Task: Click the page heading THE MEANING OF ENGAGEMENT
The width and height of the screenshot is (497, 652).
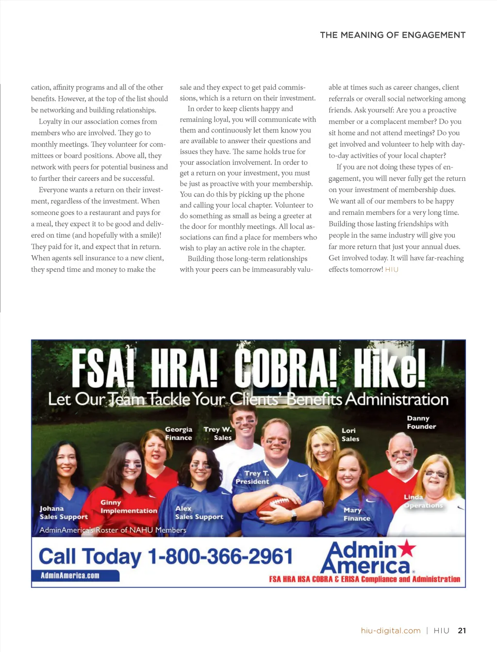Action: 393,35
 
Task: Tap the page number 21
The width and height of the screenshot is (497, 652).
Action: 462,631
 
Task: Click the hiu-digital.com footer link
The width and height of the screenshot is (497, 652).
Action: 391,631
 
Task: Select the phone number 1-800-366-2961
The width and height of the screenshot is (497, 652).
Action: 220,556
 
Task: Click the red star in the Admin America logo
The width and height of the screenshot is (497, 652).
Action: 407,548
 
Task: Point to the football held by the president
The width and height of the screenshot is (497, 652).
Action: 277,506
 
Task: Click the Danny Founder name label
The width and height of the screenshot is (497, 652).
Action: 421,423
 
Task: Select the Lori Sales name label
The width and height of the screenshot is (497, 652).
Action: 350,435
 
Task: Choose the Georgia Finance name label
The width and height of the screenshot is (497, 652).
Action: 178,433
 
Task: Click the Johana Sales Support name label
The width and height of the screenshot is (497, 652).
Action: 63,513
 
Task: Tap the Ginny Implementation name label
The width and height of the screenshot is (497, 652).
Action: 129,507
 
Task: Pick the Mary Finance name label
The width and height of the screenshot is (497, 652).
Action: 356,514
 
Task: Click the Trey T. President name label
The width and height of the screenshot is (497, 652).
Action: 252,477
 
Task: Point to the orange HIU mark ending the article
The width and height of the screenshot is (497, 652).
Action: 392,270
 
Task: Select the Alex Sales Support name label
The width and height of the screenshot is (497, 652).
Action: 199,513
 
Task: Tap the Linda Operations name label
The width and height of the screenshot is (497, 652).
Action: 423,501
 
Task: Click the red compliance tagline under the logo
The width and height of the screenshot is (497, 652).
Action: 364,579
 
